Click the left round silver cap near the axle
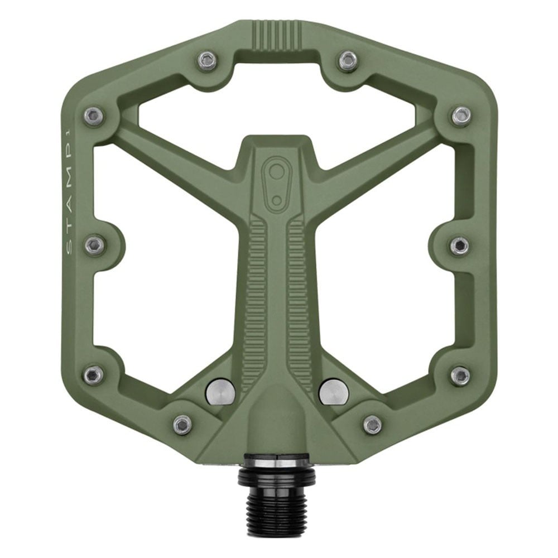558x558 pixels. tap(220, 392)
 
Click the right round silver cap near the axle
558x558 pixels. tap(334, 392)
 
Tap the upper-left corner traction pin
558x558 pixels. tap(94, 115)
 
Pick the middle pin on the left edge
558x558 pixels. tap(95, 244)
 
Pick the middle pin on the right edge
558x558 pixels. tap(459, 244)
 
